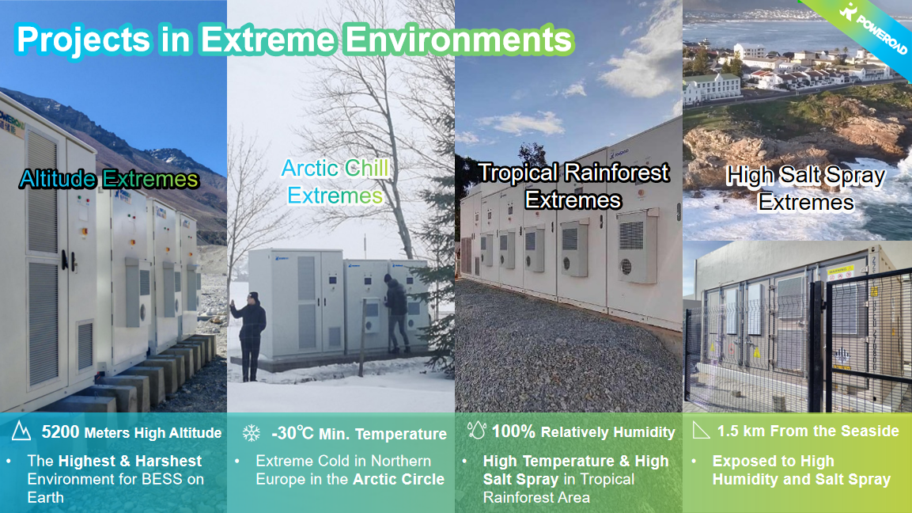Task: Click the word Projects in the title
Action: pos(84,40)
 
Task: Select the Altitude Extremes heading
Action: pos(109,179)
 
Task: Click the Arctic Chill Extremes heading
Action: pos(335,181)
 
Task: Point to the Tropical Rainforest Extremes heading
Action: pos(573,186)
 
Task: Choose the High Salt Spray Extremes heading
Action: pos(805,188)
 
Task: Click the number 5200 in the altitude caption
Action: pos(60,432)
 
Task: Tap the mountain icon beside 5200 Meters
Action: pos(21,431)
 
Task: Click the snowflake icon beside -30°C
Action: pos(252,432)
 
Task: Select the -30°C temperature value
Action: pos(293,433)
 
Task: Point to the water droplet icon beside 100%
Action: pos(476,431)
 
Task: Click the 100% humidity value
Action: pos(513,431)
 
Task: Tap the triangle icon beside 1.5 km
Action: pos(702,431)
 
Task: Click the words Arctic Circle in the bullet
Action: pos(399,479)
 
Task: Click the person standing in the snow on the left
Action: pos(251,336)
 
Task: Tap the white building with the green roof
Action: pos(713,87)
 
